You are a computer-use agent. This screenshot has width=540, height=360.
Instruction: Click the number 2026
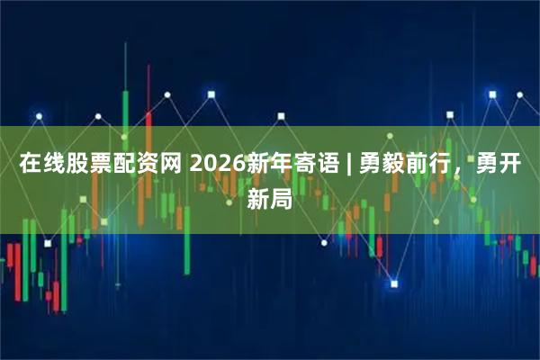[x=214, y=164]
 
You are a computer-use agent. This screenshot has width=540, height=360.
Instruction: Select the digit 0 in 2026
[x=208, y=164]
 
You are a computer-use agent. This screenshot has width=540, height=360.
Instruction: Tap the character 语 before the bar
[x=323, y=164]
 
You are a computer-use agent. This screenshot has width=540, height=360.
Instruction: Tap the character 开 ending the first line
[x=509, y=164]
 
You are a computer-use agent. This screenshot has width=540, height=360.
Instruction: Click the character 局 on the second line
[x=282, y=199]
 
